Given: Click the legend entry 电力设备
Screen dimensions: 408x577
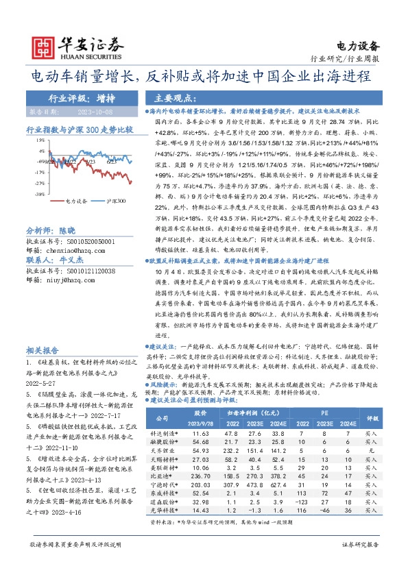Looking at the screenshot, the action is click(76, 202).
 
